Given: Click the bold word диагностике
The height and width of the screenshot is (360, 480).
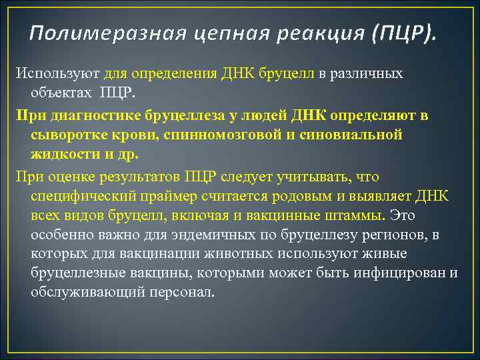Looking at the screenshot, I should [x=89, y=115].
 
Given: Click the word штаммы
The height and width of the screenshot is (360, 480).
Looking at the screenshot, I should [x=355, y=215].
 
